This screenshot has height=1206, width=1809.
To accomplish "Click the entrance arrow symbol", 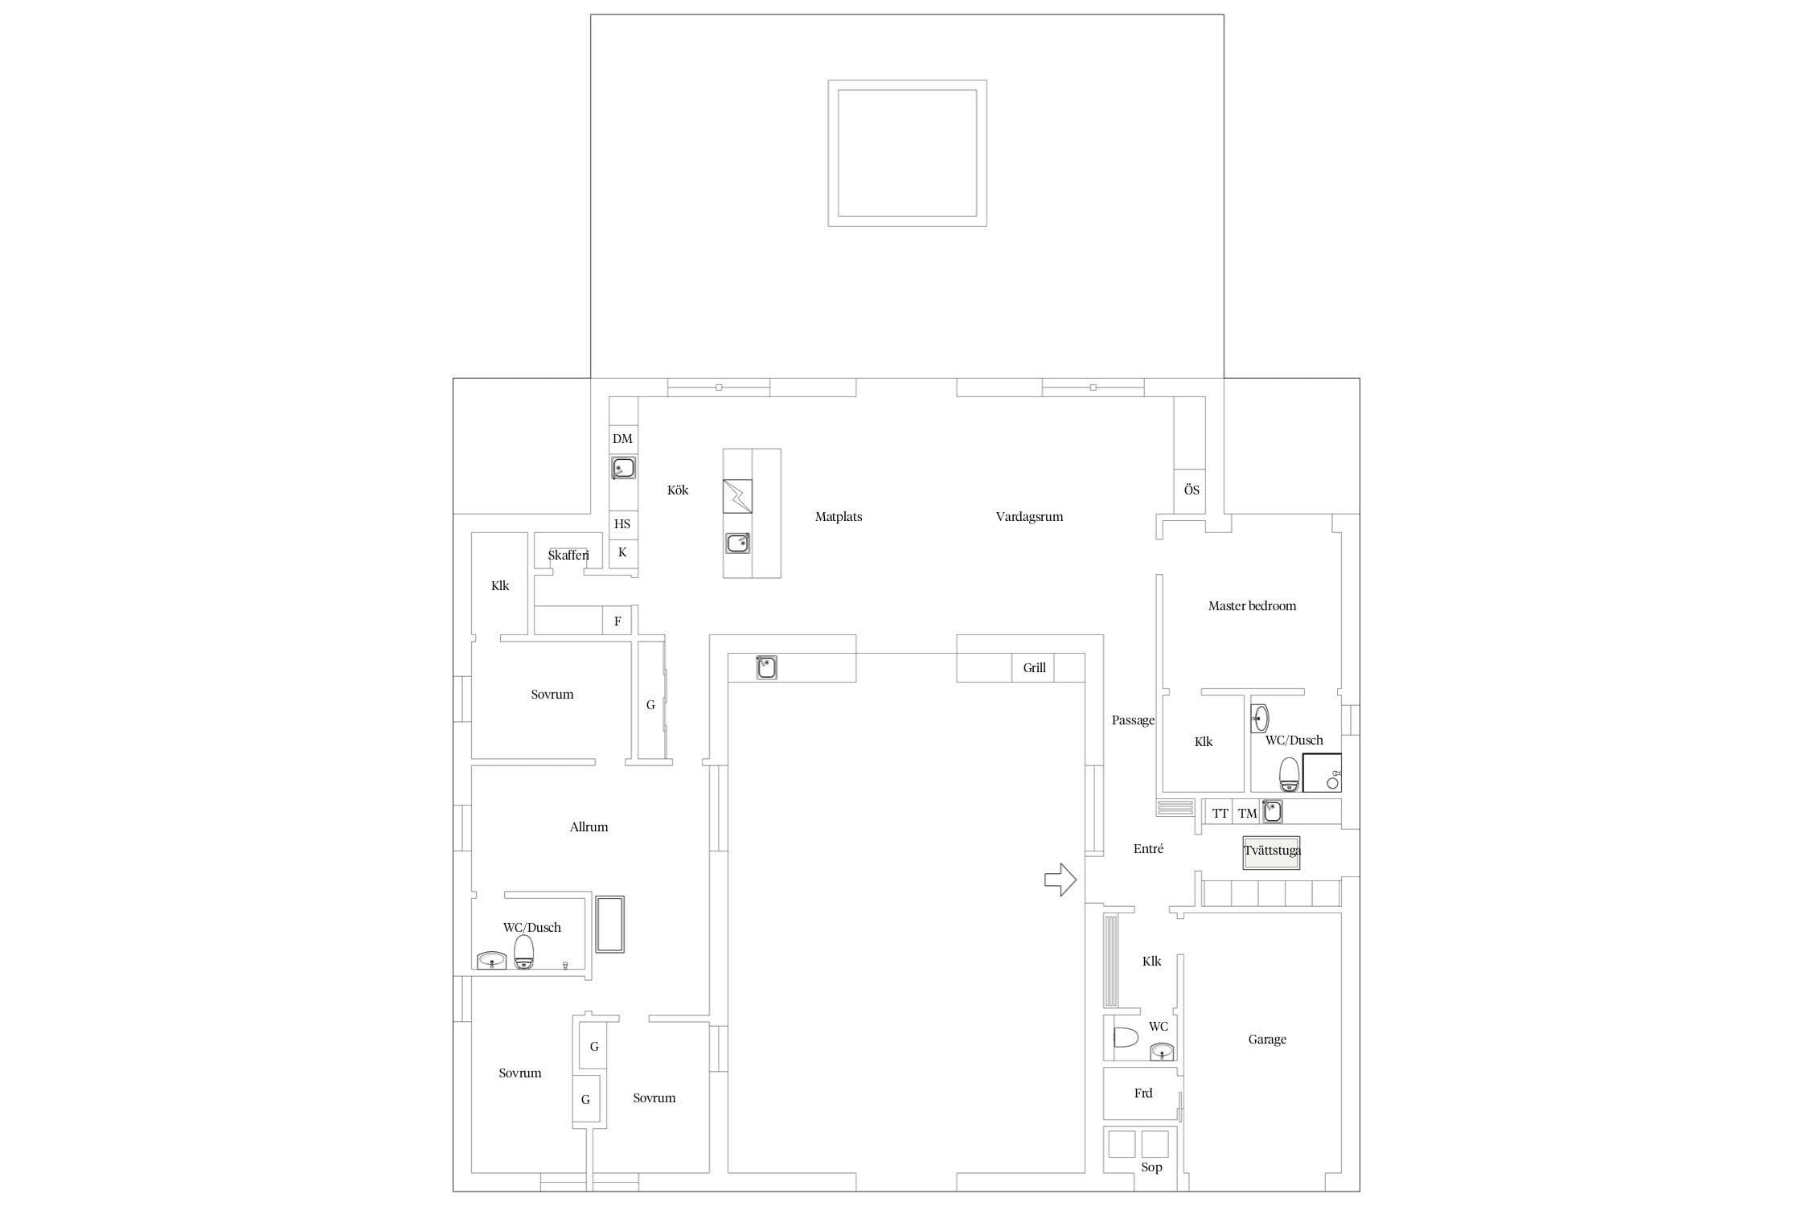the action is (1060, 880).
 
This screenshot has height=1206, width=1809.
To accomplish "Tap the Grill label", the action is (1034, 667).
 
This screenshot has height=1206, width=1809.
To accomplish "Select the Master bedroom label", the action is (1252, 605).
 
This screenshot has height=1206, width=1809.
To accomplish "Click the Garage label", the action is (1267, 1039).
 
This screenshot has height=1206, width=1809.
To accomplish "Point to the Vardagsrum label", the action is (1029, 516).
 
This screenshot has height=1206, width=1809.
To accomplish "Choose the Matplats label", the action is (839, 516).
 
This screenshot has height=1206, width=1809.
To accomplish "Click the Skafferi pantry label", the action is (568, 555).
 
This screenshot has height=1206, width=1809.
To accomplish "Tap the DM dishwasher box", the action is (623, 438).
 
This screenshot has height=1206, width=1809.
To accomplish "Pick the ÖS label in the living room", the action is (1192, 490).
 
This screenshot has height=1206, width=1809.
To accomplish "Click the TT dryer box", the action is (1220, 813).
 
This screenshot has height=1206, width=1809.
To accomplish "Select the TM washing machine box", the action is (1247, 813).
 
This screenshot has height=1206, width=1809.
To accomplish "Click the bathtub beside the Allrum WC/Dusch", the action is (610, 924).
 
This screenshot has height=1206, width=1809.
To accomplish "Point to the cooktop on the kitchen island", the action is (737, 496).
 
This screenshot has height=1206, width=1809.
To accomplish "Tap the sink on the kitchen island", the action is (737, 544).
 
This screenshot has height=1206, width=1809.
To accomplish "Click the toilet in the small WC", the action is (1126, 1037).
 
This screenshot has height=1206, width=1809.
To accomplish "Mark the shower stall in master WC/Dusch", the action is (1322, 773).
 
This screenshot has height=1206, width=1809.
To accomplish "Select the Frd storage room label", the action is (1143, 1093).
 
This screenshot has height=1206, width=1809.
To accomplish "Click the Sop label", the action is (1151, 1167).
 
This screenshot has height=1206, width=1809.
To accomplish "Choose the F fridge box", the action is (617, 621).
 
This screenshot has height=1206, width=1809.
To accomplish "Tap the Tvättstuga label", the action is (1272, 850).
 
